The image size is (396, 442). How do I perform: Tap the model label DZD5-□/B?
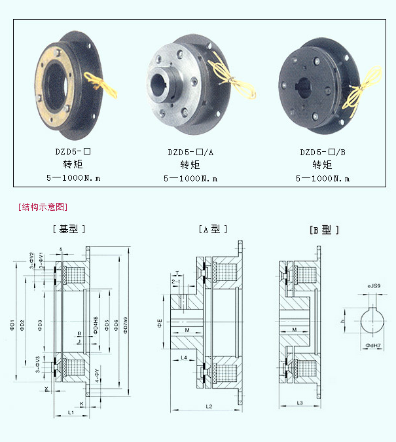(323, 152)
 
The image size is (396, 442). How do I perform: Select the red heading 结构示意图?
(44, 207)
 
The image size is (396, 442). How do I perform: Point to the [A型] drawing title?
(213, 229)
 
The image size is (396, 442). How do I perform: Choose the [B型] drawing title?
(324, 230)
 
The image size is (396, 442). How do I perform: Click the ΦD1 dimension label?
(12, 323)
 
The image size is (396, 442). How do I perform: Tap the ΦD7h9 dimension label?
(126, 323)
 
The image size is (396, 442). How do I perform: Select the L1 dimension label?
(70, 413)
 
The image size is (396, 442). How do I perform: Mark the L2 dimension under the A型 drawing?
(208, 407)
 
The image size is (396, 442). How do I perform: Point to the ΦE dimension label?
(159, 323)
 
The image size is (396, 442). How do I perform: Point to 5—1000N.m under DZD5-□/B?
(323, 178)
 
